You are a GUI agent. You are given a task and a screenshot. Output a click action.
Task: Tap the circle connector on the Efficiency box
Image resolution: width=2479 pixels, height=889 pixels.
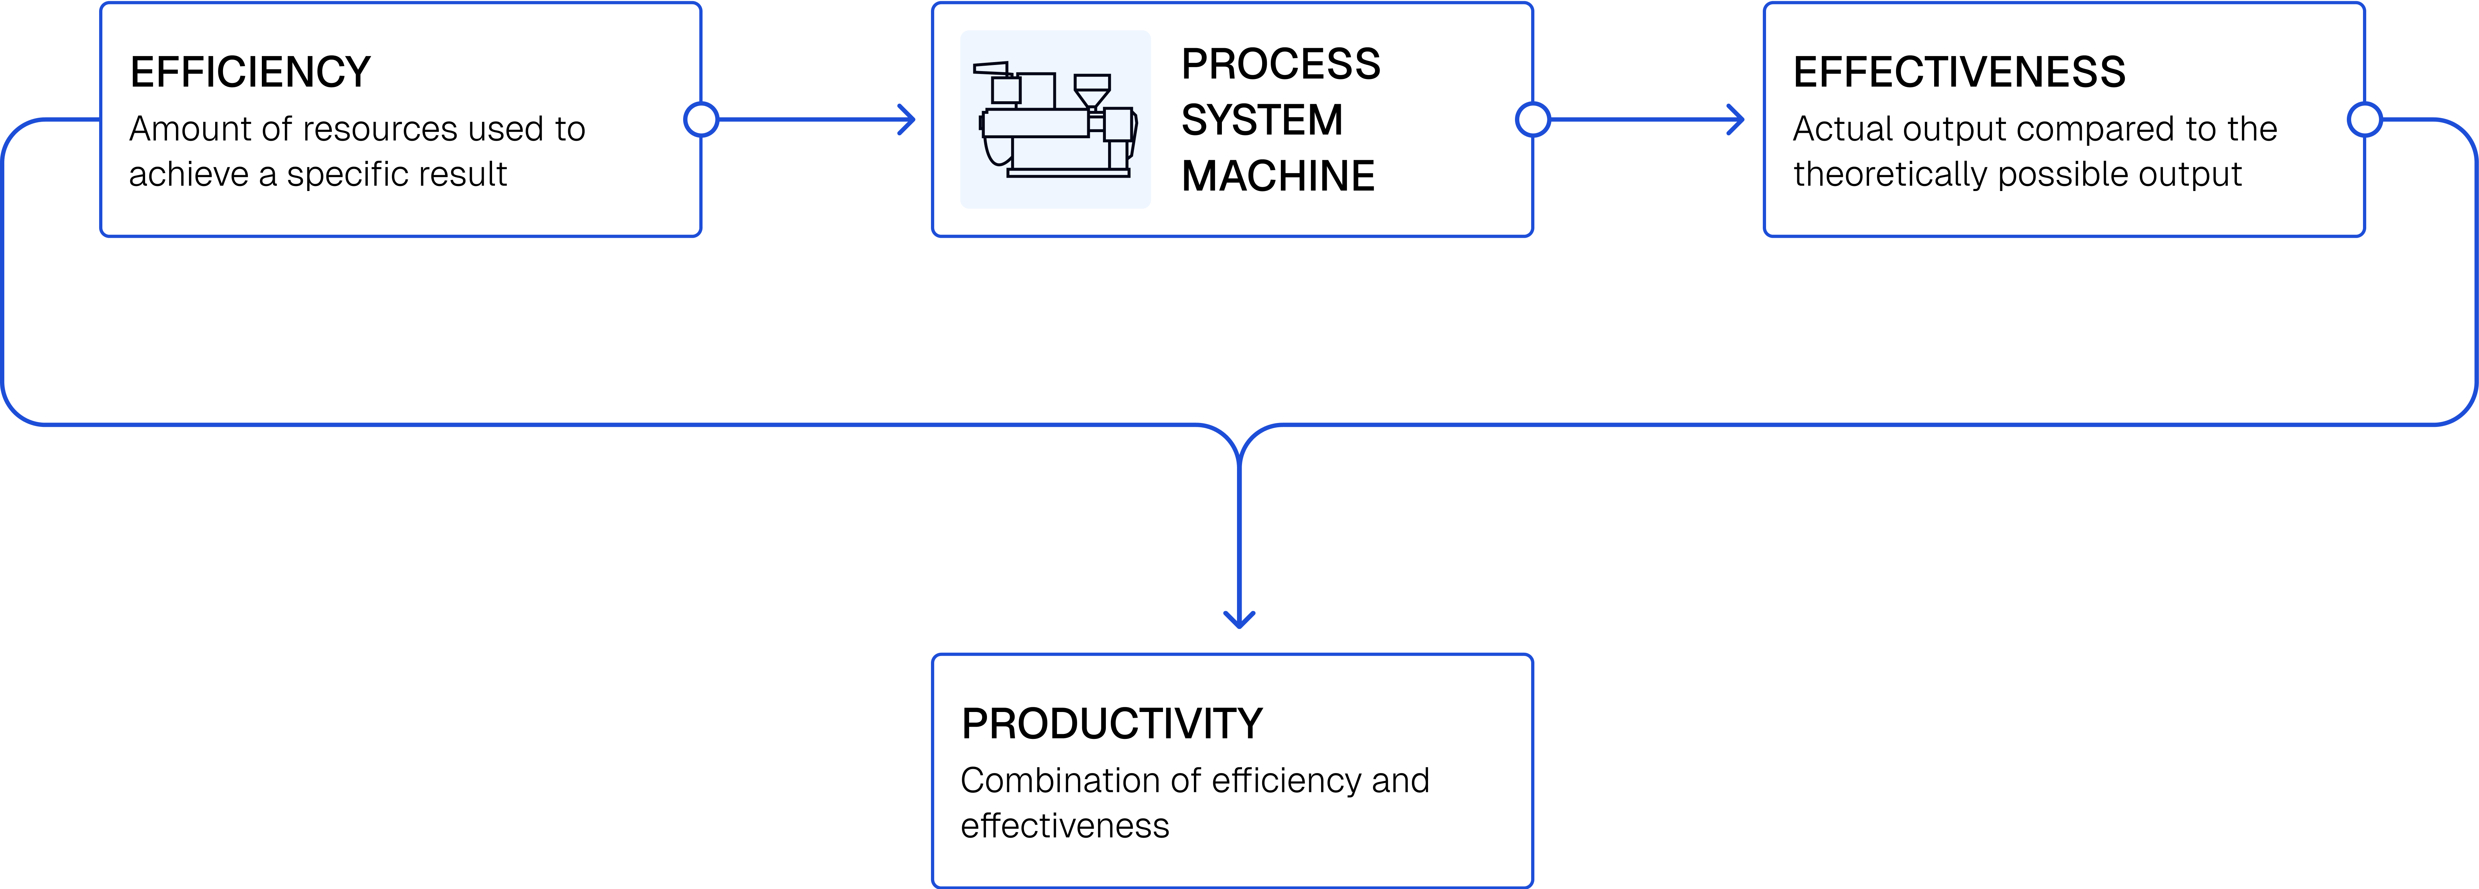point(701,120)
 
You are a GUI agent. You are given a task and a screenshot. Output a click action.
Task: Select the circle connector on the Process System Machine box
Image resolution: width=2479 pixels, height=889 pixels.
point(1532,120)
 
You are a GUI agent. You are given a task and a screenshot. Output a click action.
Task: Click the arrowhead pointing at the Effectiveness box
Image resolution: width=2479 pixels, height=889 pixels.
point(1737,120)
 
